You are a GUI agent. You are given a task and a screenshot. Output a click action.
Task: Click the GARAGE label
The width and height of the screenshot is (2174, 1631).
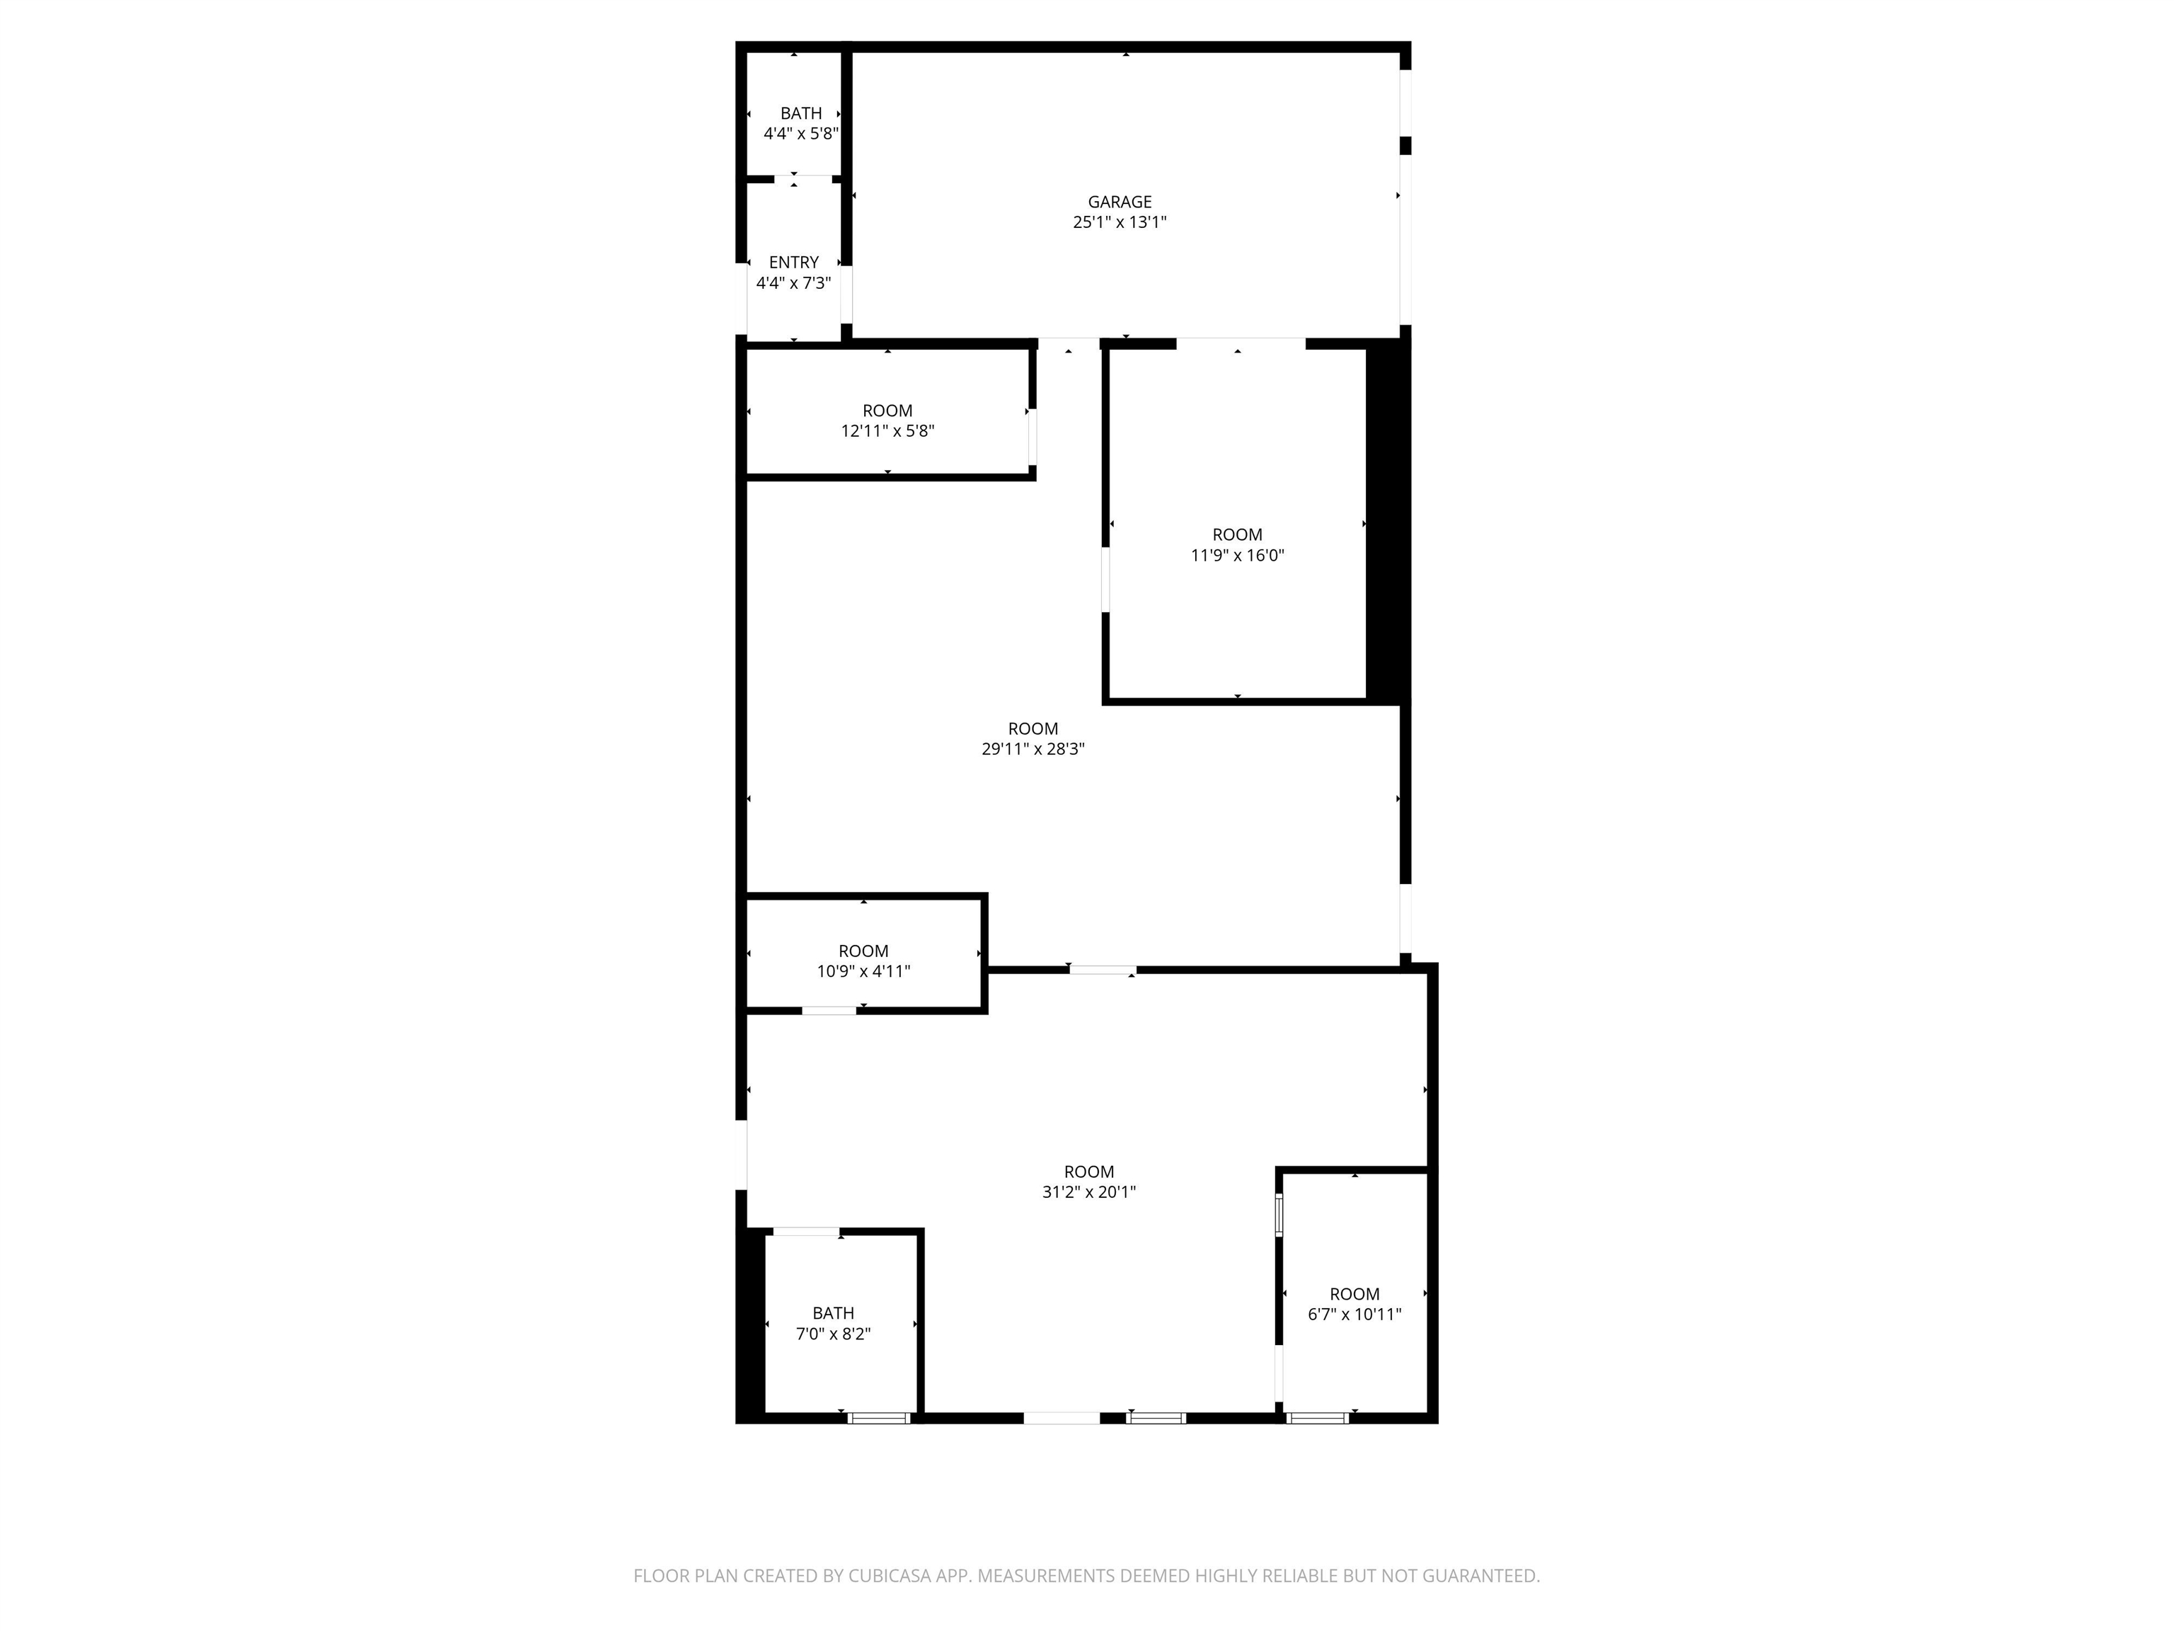[x=1120, y=202]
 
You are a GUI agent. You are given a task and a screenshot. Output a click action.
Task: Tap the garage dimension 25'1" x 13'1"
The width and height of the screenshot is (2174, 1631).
[x=1120, y=222]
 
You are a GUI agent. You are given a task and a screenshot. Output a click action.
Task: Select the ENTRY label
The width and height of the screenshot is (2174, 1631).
[x=793, y=263]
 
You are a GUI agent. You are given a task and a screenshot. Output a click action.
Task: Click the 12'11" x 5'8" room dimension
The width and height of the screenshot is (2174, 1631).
[x=887, y=430]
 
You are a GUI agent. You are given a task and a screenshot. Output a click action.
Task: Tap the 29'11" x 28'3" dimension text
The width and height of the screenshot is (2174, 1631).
[x=1033, y=749]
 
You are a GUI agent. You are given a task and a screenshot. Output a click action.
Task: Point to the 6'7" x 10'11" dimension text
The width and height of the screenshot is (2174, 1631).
[x=1355, y=1315]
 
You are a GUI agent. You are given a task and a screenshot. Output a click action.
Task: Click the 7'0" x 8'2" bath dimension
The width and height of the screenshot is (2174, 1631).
[x=834, y=1334]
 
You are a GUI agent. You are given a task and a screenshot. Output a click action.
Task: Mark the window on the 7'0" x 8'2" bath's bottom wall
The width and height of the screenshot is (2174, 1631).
[x=880, y=1418]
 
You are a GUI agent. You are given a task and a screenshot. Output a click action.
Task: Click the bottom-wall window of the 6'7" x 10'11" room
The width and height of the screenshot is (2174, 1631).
[x=1317, y=1418]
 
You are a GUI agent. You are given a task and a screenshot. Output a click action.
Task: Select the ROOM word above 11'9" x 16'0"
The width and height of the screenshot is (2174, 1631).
[x=1237, y=535]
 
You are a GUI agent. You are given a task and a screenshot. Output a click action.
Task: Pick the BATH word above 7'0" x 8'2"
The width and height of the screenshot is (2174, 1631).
[x=834, y=1313]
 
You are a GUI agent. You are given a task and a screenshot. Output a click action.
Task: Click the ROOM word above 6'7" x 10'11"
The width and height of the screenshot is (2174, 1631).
[x=1355, y=1295]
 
